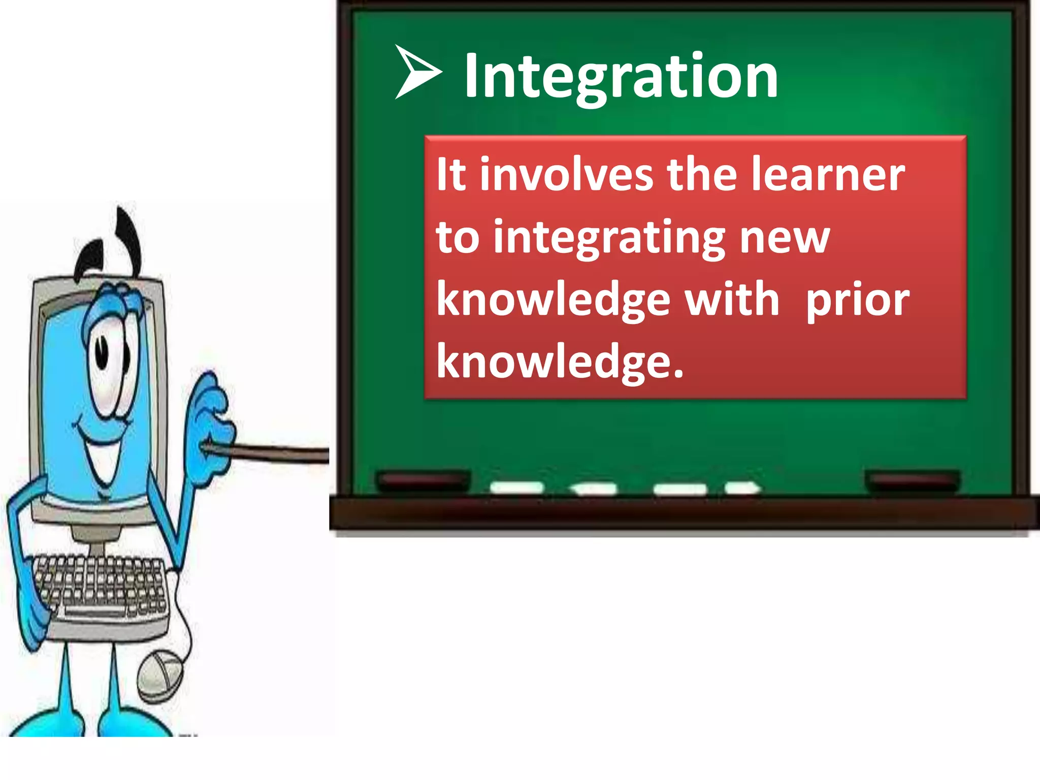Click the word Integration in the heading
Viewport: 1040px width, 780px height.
coord(621,76)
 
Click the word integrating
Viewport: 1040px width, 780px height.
coord(609,239)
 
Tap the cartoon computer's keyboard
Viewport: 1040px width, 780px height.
coord(102,589)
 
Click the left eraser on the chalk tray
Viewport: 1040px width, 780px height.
coord(423,480)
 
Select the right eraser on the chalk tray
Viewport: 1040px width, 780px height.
coord(913,480)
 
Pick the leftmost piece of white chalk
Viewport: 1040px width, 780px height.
coord(517,487)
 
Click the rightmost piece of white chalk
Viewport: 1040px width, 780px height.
coord(742,488)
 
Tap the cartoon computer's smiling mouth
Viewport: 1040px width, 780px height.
coord(104,457)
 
